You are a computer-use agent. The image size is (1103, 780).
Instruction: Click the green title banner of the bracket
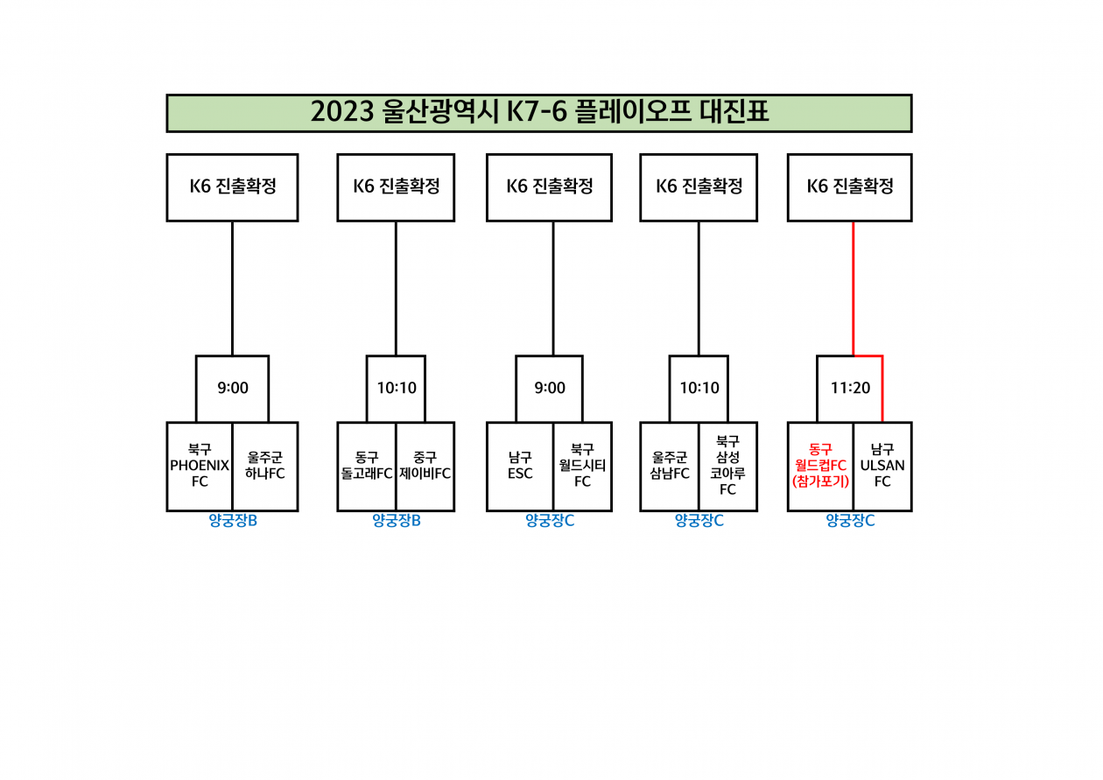point(539,113)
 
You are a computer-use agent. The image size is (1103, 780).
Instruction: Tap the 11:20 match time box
point(849,388)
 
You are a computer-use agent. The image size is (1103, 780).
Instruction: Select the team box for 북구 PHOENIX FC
point(200,467)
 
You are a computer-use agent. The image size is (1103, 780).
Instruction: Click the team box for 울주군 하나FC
point(265,467)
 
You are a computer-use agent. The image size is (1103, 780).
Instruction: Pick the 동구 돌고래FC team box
point(367,467)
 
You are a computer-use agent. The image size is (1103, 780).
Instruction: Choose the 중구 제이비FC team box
point(425,467)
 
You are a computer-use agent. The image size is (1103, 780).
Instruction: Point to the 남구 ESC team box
point(520,467)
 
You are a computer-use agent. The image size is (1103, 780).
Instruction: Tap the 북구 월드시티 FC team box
point(582,467)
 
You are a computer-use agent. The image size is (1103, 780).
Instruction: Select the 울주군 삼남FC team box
point(669,467)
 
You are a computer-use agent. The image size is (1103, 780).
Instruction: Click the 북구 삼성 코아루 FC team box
point(727,467)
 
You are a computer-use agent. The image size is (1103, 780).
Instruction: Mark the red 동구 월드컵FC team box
point(820,467)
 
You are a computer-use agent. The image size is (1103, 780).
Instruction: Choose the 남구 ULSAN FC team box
point(882,467)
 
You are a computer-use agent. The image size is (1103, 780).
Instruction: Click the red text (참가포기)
point(820,481)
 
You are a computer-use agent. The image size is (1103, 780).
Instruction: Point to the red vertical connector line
point(854,289)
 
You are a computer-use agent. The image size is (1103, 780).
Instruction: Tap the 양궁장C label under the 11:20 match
point(850,521)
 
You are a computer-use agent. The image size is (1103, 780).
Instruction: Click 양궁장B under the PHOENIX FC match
point(233,521)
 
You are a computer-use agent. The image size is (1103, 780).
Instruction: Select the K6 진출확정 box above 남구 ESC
point(550,187)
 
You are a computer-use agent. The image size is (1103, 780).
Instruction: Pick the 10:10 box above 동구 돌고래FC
point(396,388)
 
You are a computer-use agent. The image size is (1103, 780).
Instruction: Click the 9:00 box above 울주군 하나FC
point(233,388)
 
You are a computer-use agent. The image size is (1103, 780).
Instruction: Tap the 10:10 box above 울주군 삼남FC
point(699,388)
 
